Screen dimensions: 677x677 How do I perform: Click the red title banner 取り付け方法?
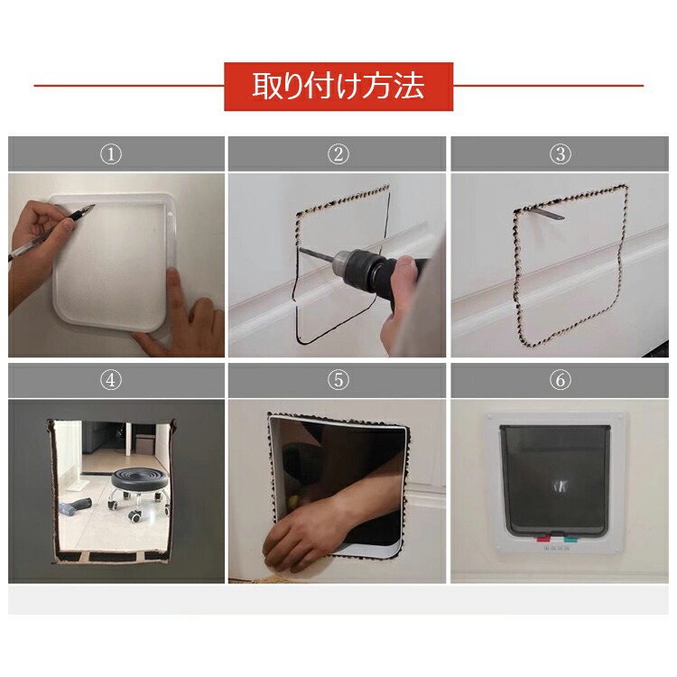[x=338, y=87]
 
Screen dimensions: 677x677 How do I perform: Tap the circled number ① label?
[x=111, y=154]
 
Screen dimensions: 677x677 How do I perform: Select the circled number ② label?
[x=338, y=154]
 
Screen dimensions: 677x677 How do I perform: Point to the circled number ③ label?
[x=561, y=154]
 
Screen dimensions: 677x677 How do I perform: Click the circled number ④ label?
[x=111, y=380]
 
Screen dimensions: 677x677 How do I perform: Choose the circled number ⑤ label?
[x=338, y=380]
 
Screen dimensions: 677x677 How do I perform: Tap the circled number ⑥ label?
[x=561, y=380]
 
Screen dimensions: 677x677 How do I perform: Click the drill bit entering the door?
[x=316, y=255]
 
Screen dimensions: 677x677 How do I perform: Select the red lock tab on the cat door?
[x=543, y=538]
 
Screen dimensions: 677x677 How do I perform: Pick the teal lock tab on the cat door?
[x=570, y=539]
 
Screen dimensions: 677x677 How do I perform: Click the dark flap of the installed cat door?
[x=555, y=479]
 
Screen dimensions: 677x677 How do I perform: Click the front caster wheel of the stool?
[x=135, y=516]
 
